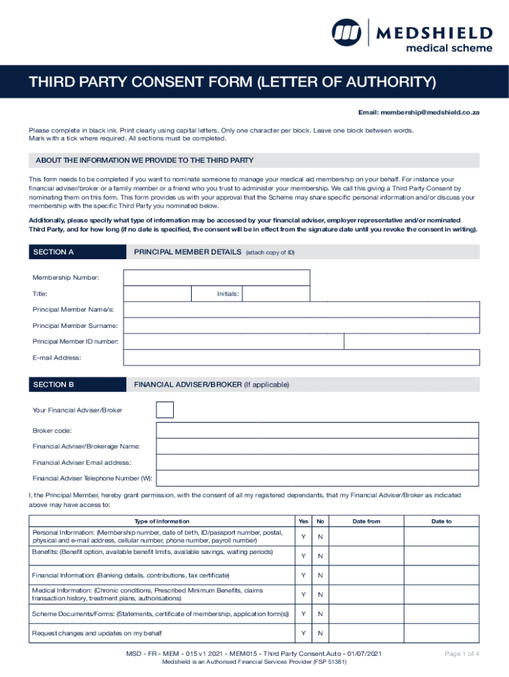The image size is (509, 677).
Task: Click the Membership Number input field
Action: [x=217, y=278]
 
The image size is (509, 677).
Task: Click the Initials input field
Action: [x=276, y=294]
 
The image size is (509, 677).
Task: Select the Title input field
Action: [x=157, y=294]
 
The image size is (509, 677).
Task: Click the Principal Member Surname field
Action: [x=301, y=325]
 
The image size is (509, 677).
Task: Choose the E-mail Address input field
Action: [x=301, y=357]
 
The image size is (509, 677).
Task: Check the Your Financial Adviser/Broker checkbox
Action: [x=165, y=410]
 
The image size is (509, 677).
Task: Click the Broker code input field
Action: [x=317, y=430]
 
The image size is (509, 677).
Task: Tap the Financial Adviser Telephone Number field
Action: [x=317, y=478]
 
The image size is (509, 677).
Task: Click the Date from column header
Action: [x=366, y=521]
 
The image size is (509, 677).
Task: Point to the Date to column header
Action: [x=442, y=521]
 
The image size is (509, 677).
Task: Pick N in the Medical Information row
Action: [x=320, y=594]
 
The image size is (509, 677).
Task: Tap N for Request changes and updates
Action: [x=320, y=633]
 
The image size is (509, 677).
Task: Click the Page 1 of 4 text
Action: [x=461, y=654]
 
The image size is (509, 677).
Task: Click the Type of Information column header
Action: [x=161, y=521]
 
